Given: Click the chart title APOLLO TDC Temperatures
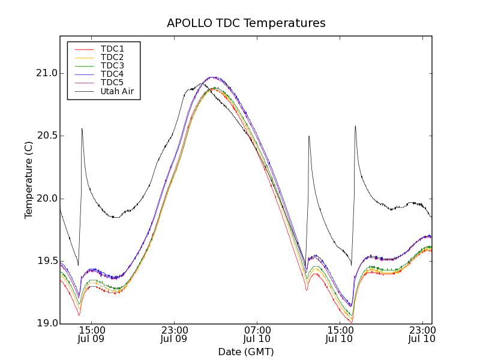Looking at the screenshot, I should (246, 23).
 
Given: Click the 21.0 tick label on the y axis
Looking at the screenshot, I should (46, 73).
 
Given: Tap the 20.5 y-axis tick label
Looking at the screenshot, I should (46, 136).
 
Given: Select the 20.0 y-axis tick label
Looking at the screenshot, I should (46, 199).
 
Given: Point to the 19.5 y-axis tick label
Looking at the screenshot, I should (46, 261).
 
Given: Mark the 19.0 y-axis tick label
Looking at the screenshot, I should (46, 323).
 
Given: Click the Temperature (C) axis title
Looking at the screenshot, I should (29, 180).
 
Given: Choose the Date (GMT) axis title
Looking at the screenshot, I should (246, 352).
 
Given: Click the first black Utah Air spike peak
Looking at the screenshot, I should (82, 128).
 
